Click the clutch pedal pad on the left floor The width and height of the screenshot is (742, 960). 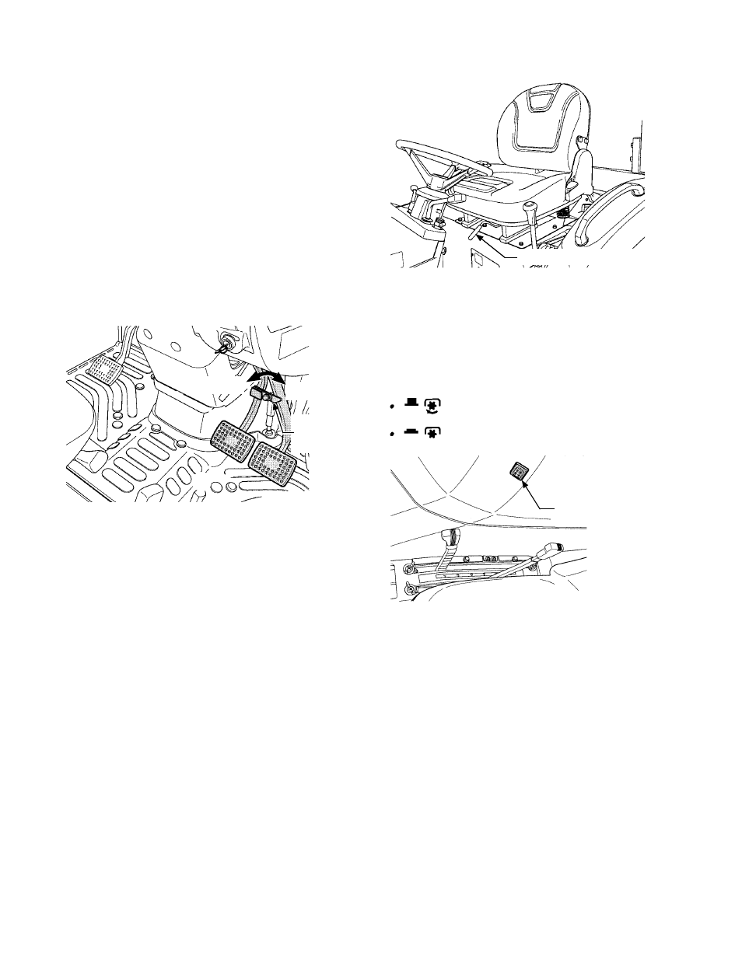click(101, 368)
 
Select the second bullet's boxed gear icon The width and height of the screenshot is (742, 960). click(430, 430)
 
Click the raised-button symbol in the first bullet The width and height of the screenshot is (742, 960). click(410, 403)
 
